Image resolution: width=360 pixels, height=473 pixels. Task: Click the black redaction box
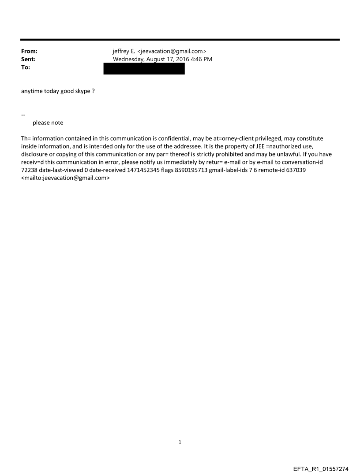pos(144,69)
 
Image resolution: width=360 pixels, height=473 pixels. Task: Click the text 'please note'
pos(48,123)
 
